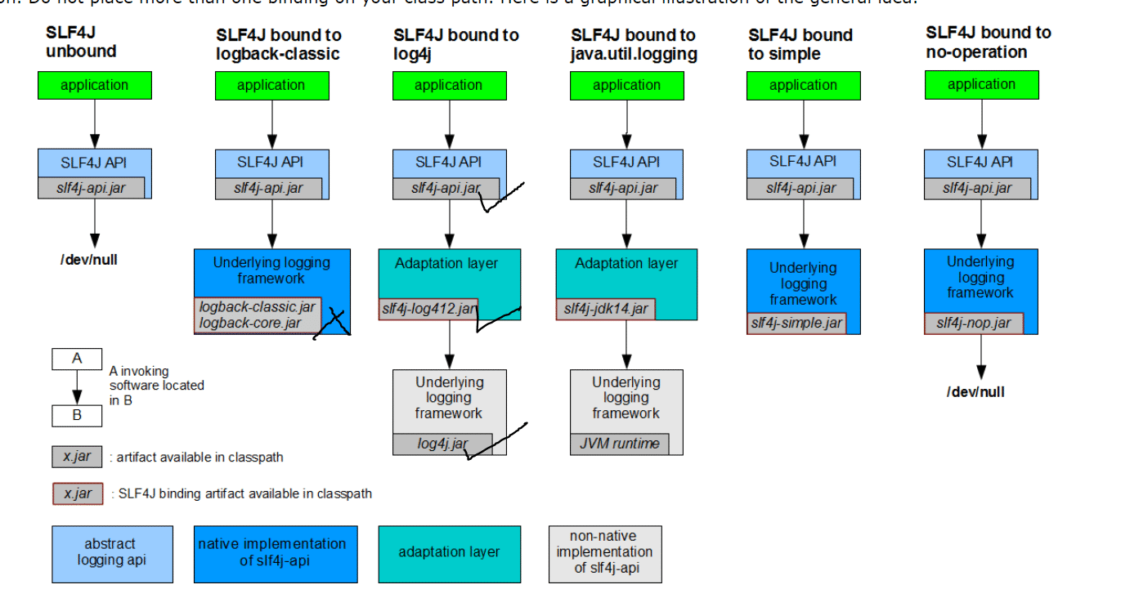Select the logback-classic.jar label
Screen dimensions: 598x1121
click(257, 307)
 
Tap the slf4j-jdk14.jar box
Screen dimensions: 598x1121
click(605, 310)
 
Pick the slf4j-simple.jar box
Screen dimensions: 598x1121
click(796, 323)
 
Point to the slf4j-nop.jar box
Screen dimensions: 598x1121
click(973, 323)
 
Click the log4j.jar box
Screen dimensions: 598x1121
click(442, 444)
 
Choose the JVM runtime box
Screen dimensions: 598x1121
click(619, 444)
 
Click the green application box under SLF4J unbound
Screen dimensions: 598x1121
click(94, 85)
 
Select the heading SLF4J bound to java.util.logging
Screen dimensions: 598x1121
click(634, 45)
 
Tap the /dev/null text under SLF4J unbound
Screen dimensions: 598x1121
click(89, 261)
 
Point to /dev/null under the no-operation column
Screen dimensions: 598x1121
click(975, 392)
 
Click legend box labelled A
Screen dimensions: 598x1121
click(77, 359)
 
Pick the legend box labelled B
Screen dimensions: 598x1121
click(77, 414)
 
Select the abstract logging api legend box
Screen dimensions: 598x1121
click(112, 553)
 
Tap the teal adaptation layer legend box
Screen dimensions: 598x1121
click(449, 553)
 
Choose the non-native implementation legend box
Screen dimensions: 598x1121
click(604, 553)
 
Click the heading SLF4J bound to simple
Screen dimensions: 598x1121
click(800, 45)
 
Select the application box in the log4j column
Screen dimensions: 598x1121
click(448, 85)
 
